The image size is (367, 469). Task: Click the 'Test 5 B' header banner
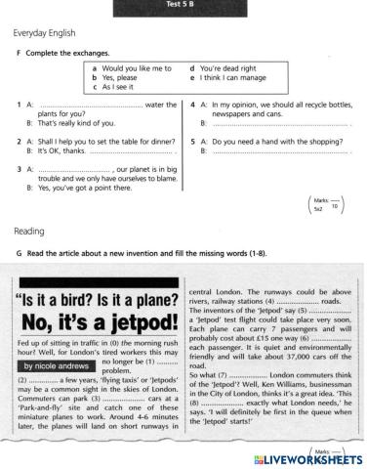[183, 5]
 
